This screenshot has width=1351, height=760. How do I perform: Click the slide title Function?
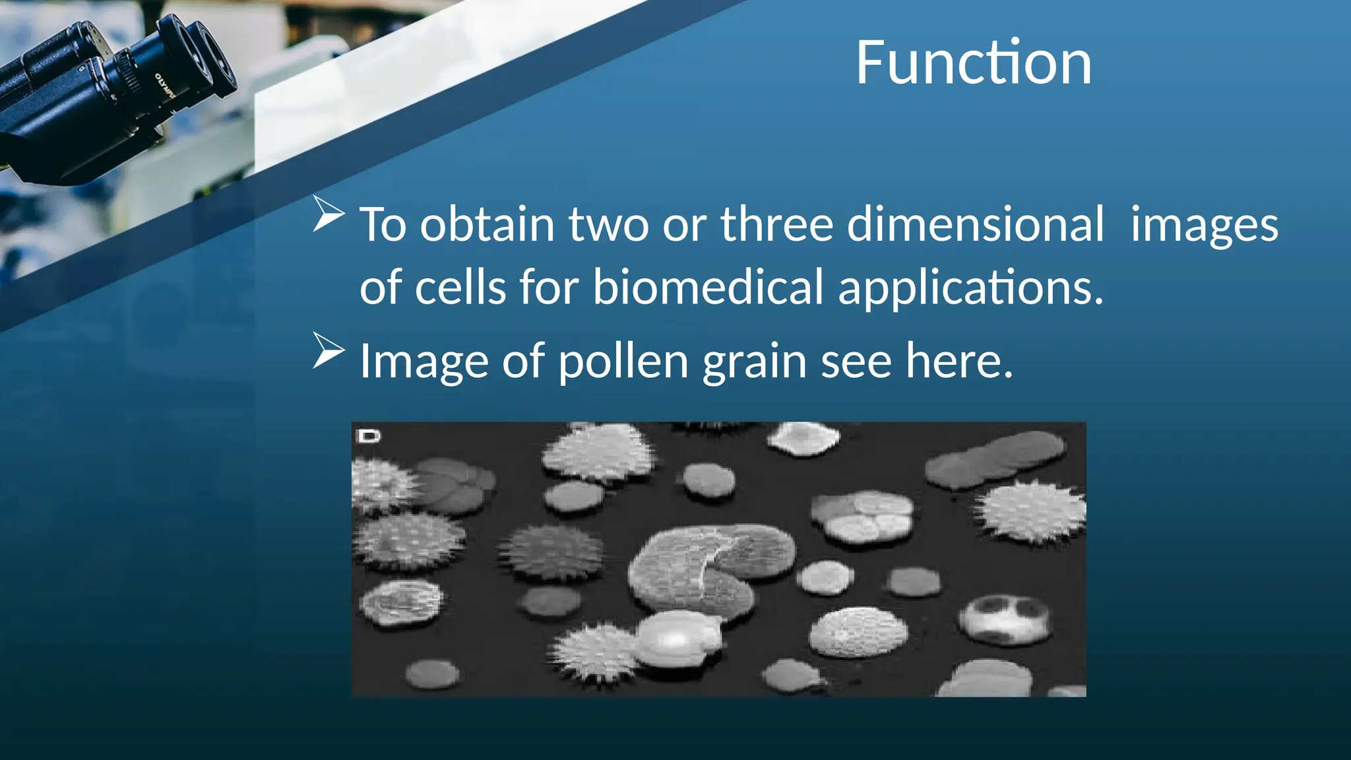(x=973, y=63)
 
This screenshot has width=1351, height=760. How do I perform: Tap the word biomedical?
(x=708, y=288)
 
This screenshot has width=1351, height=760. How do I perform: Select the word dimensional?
(x=975, y=224)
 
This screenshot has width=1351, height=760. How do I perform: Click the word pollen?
(x=623, y=362)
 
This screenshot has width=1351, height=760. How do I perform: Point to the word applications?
(x=970, y=289)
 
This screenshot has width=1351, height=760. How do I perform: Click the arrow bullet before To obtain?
(x=328, y=214)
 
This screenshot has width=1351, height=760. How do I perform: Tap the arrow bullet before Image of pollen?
(x=328, y=350)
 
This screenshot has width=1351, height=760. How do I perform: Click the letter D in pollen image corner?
(x=368, y=436)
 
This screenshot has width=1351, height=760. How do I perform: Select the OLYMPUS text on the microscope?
(x=164, y=86)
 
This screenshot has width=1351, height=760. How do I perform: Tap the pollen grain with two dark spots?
(x=1004, y=619)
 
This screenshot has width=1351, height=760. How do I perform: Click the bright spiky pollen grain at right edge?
(x=1031, y=511)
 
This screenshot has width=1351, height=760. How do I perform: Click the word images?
(x=1204, y=226)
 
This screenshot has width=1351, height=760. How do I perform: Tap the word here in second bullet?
(x=958, y=362)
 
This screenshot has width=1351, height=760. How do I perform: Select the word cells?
(x=460, y=288)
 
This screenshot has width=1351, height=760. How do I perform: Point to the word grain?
(x=754, y=363)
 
